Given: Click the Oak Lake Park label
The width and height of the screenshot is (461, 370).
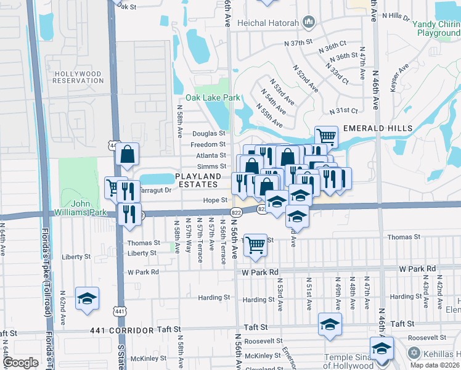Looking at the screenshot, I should tap(213, 97).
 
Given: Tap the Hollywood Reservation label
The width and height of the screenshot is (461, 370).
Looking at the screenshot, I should tap(78, 77).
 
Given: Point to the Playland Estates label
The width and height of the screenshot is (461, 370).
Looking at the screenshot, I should tap(197, 180).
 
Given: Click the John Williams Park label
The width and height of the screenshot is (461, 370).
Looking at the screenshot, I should tap(89, 207).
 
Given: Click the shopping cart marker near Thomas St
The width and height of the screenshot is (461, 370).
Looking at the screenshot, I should tap(255, 245).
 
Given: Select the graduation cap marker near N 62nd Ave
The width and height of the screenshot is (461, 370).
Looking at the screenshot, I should tap(88, 298).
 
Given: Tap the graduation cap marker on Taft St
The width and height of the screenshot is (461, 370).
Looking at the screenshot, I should tap(330, 324).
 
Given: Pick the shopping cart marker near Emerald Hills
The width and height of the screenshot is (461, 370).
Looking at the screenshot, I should tap(326, 136).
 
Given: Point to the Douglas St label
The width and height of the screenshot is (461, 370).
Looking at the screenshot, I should tap(208, 133).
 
